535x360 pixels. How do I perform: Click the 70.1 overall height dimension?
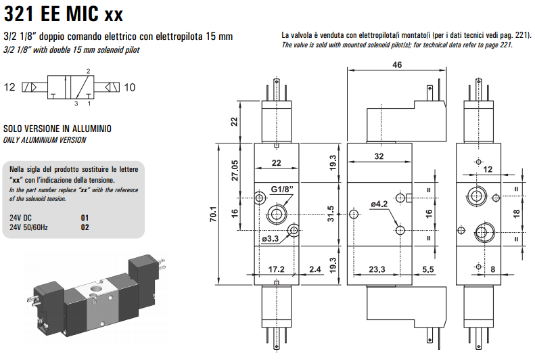coord(213,214)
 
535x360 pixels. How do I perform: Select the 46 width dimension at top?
coord(397,64)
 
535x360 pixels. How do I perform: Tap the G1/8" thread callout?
coord(282,189)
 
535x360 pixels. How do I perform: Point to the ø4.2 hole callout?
coord(379,204)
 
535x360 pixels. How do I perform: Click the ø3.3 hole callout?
coord(271,238)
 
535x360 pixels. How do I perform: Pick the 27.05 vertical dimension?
coord(235,171)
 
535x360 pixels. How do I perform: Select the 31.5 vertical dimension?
coord(330,214)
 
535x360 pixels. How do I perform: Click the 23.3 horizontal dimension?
coord(377,269)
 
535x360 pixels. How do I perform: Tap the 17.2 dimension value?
coord(276,269)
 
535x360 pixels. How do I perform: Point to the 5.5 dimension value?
coord(428,269)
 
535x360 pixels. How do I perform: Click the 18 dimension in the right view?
coord(516,214)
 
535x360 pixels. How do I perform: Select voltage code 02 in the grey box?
coord(85,227)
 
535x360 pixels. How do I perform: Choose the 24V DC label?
coord(20,218)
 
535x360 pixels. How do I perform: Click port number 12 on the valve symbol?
coord(9,87)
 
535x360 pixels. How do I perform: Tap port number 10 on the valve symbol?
coord(130,87)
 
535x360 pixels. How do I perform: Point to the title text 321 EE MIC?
coord(51,14)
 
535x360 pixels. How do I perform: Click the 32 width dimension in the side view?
coord(379,156)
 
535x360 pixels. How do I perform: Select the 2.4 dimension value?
coord(315,269)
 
